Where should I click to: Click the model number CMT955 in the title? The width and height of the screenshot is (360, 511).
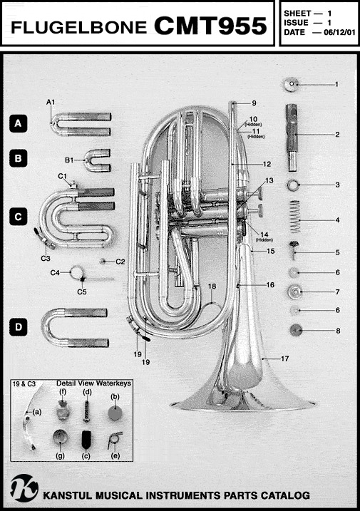click(210, 26)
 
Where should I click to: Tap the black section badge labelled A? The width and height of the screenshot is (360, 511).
click(18, 123)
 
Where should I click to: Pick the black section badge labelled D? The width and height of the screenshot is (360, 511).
click(19, 327)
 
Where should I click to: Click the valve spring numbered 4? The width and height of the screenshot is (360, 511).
click(295, 216)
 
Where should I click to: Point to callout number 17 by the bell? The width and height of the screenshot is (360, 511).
click(284, 358)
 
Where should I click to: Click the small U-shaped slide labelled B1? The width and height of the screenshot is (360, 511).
click(98, 160)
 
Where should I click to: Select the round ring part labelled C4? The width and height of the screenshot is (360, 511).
click(77, 272)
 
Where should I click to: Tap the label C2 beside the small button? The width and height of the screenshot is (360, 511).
click(120, 262)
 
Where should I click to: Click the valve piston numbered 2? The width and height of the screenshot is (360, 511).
click(292, 137)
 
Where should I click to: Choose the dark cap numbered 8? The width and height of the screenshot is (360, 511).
click(296, 330)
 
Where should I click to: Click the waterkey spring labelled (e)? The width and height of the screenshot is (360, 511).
click(115, 440)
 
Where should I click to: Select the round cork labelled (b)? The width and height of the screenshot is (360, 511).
click(115, 413)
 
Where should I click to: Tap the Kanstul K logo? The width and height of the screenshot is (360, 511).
click(24, 488)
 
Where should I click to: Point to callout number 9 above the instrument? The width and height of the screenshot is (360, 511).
click(254, 103)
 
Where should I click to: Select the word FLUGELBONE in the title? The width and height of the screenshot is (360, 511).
click(78, 28)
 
